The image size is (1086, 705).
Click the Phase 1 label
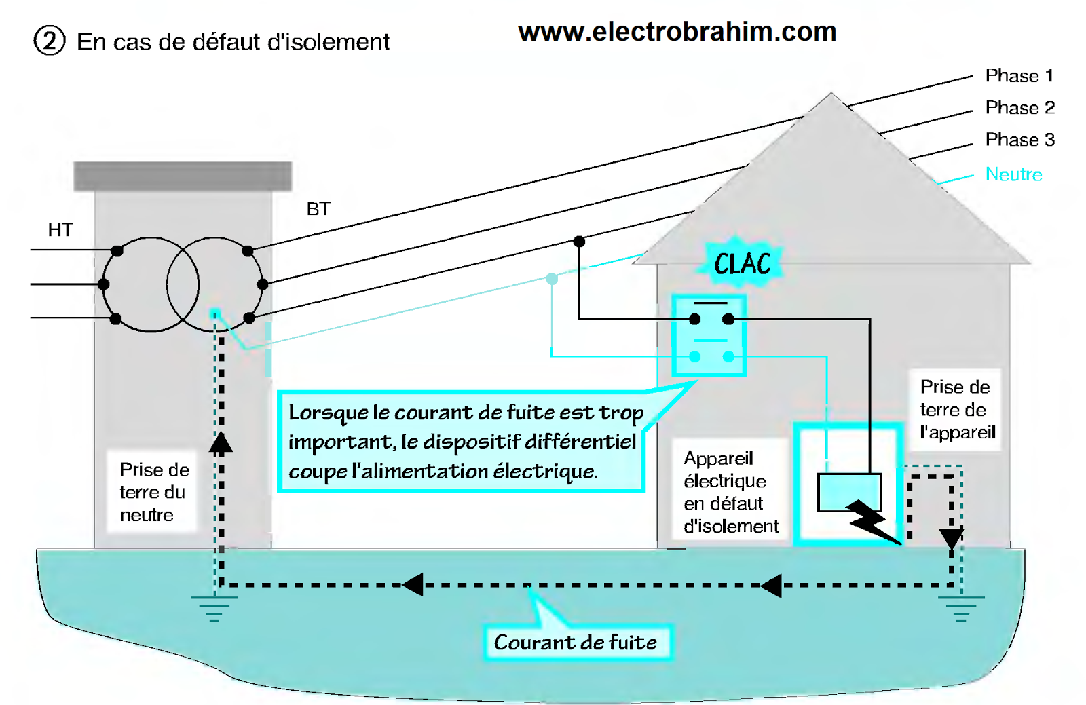(x=1019, y=75)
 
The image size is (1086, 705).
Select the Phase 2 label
(x=1019, y=107)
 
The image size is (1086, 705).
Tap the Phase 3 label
(x=1019, y=139)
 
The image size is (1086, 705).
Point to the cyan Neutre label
(x=1013, y=174)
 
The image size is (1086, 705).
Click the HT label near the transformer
(x=60, y=230)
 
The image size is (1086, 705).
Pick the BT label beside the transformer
(x=318, y=209)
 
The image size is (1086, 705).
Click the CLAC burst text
(x=743, y=264)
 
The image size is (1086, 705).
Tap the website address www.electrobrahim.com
(x=677, y=32)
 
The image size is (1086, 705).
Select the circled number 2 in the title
(x=49, y=41)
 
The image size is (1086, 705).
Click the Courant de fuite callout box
(x=576, y=642)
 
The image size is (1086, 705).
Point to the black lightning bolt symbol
(x=872, y=521)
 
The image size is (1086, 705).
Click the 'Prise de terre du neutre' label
(x=153, y=492)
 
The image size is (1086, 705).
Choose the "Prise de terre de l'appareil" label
(x=956, y=410)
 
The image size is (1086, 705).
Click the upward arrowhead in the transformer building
(x=221, y=442)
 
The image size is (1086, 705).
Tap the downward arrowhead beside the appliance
(x=951, y=538)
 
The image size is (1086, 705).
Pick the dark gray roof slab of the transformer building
(x=183, y=176)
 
